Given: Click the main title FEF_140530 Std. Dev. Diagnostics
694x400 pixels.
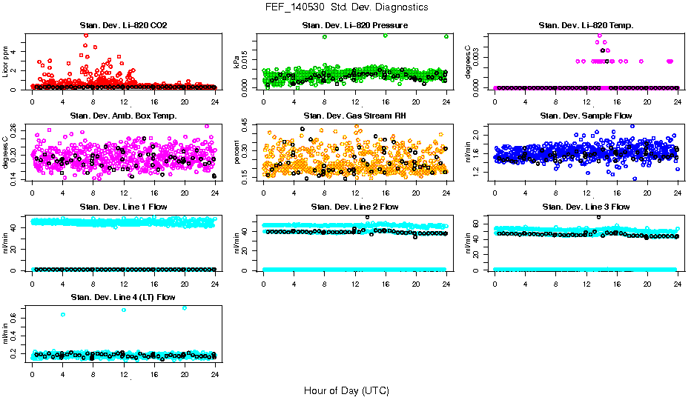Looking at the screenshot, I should (346, 7).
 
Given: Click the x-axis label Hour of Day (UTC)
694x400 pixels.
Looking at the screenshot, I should (346, 390).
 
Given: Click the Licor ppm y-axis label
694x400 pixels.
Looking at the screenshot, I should (7, 61).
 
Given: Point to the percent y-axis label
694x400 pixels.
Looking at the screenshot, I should (238, 152).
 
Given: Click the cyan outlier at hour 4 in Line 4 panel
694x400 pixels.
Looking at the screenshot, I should (63, 315).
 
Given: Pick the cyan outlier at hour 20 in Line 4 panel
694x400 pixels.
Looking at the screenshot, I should (185, 308).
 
